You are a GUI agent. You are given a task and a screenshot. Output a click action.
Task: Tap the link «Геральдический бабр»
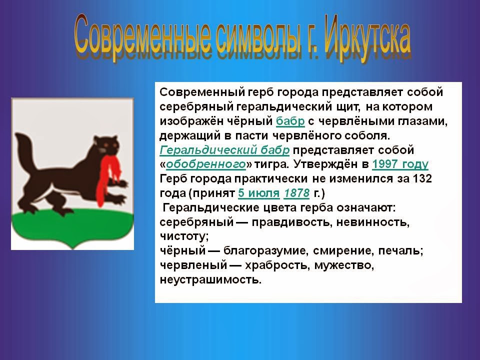click(224, 150)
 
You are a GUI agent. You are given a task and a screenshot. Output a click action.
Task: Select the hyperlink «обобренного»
click(205, 164)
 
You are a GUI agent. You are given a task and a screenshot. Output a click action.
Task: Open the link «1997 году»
click(400, 164)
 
